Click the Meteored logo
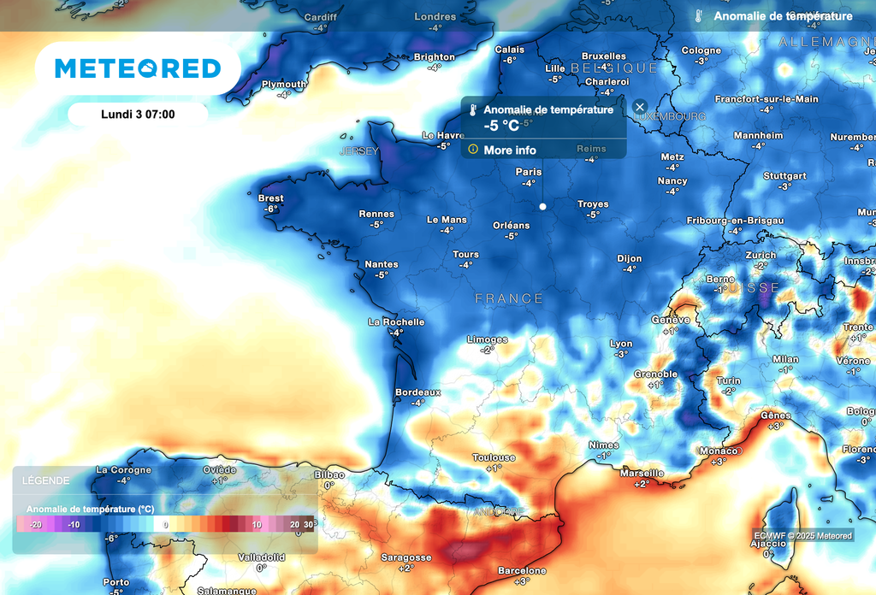click(137, 68)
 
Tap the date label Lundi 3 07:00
click(138, 114)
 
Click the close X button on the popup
click(640, 107)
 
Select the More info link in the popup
click(509, 150)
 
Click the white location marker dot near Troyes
click(542, 206)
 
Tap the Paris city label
click(529, 172)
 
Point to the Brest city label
click(270, 198)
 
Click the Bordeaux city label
click(417, 392)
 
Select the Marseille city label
click(642, 473)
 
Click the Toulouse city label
click(494, 458)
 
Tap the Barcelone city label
click(522, 570)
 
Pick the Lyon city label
click(621, 344)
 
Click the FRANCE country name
click(509, 298)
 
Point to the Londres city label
click(435, 17)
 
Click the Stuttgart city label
click(784, 176)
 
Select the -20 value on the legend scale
click(35, 524)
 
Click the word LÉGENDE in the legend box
click(40, 481)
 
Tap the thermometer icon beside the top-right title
click(699, 16)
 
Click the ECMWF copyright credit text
click(802, 535)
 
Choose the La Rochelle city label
click(396, 322)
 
